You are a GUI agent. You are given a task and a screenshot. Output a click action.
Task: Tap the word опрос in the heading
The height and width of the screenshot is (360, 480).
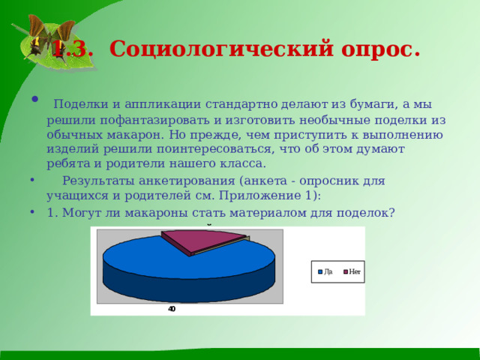(x=375, y=49)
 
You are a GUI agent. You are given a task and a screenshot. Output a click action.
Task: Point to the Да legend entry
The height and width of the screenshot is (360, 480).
(x=325, y=271)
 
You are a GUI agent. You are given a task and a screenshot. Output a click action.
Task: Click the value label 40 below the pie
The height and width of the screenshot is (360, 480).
(x=172, y=309)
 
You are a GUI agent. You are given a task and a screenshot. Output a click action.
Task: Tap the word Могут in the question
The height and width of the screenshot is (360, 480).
(x=79, y=212)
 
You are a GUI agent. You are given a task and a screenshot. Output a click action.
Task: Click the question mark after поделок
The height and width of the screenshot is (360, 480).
(x=391, y=212)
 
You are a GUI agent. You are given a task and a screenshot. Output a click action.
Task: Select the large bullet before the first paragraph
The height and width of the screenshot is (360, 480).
(x=35, y=100)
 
